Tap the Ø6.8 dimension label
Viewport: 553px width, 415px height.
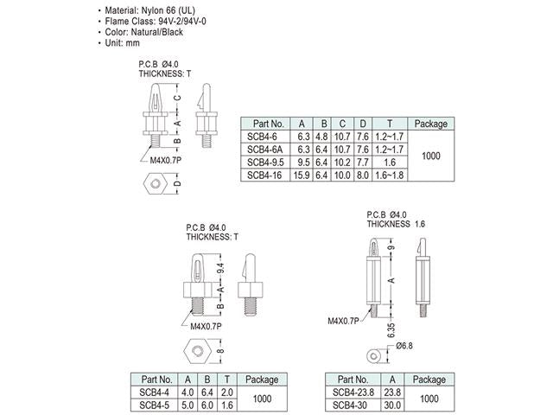coord(404,347)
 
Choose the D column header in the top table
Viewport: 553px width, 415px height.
coord(363,124)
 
